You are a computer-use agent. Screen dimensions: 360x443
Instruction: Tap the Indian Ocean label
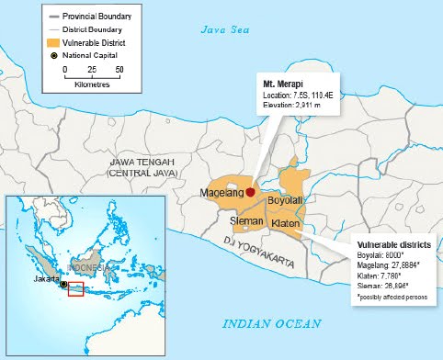coord(272,323)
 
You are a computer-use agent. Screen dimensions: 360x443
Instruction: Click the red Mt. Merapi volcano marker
coord(250,192)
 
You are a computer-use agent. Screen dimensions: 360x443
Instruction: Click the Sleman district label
coord(246,221)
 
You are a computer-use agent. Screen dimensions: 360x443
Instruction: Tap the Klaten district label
coord(286,223)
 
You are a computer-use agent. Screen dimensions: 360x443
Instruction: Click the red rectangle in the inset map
coord(76,291)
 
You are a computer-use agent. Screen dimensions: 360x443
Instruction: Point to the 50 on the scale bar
coord(119,69)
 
